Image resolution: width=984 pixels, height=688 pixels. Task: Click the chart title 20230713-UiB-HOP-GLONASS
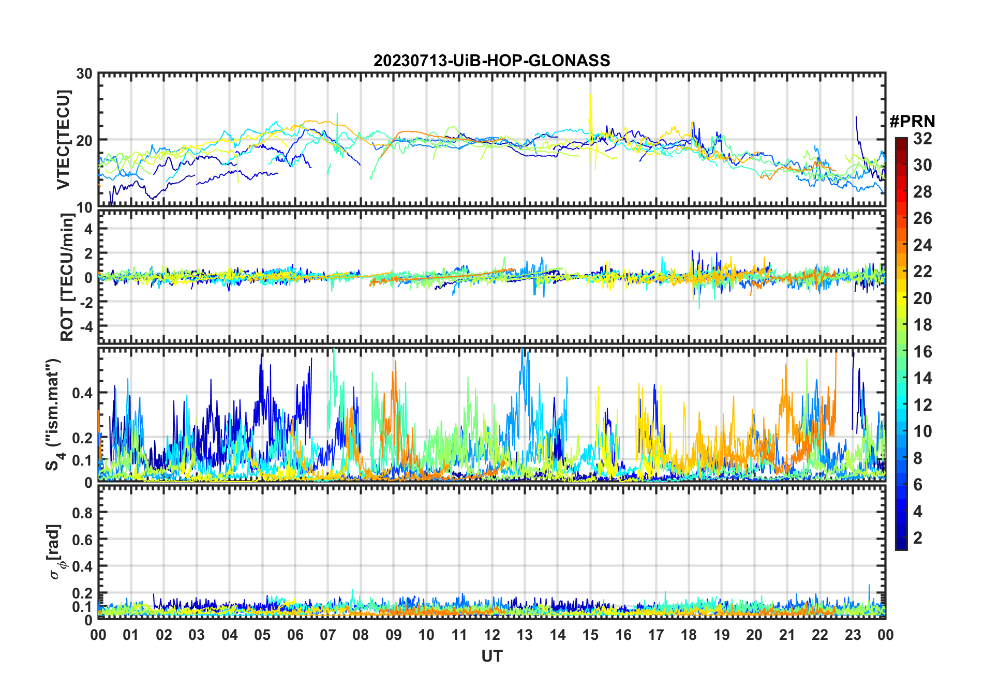491,61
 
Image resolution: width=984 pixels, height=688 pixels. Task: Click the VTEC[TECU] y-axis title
63,140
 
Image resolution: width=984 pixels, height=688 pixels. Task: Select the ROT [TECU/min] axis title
67,277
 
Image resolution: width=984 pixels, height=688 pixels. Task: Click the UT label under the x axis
491,656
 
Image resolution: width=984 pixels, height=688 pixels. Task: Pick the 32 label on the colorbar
922,139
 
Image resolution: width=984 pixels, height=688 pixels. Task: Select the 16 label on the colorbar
922,352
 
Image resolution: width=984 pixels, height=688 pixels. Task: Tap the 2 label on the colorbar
918,538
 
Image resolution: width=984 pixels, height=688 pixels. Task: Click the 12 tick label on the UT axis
492,635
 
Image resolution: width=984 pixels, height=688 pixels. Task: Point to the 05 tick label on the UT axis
262,635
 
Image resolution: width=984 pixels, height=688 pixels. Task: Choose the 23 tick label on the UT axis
853,635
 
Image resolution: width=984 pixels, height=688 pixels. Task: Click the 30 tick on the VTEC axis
84,74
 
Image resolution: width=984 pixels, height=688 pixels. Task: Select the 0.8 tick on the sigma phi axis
83,513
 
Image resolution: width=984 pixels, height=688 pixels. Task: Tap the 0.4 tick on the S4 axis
83,393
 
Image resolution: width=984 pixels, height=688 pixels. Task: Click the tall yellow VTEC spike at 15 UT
590,103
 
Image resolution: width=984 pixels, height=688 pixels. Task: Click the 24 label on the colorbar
922,245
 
